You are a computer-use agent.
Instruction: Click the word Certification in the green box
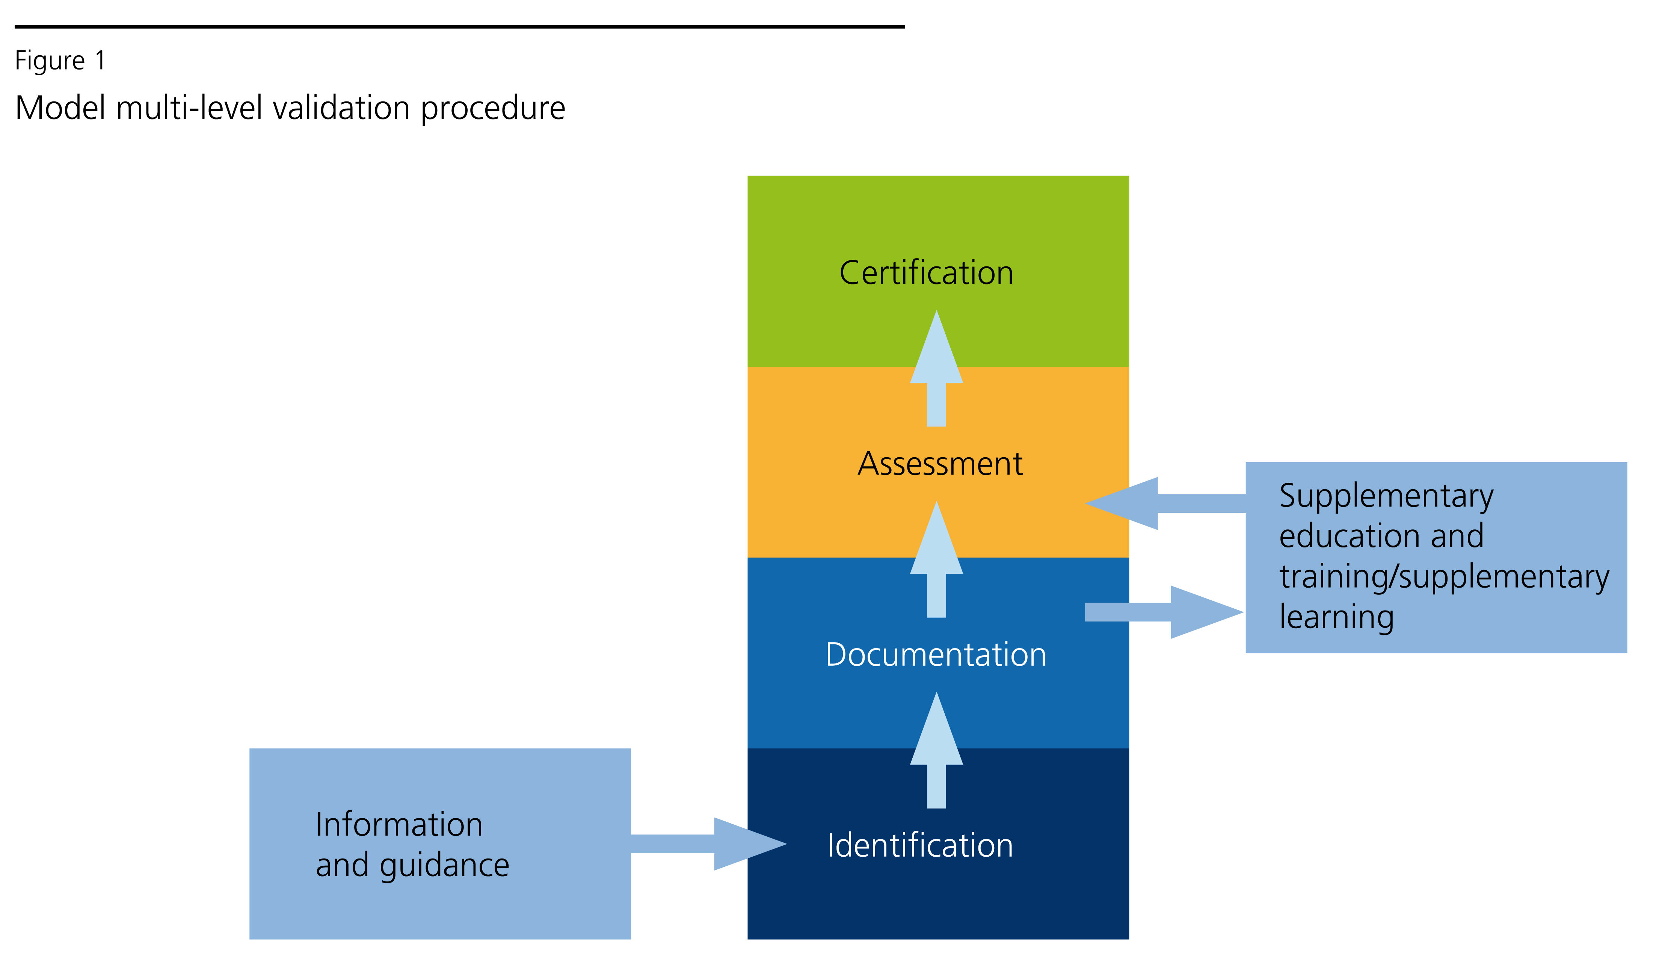pyautogui.click(x=926, y=273)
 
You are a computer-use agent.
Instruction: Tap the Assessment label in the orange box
pyautogui.click(x=940, y=464)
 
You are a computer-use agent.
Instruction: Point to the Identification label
pyautogui.click(x=920, y=846)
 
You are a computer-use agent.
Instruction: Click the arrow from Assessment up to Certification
pyautogui.click(x=936, y=371)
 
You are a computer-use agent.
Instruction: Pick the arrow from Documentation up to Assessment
pyautogui.click(x=936, y=561)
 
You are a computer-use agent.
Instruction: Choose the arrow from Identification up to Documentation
pyautogui.click(x=936, y=752)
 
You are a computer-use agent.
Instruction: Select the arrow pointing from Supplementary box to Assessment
pyautogui.click(x=1165, y=503)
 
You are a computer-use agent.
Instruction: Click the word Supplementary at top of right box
pyautogui.click(x=1386, y=496)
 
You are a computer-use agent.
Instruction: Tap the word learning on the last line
pyautogui.click(x=1336, y=617)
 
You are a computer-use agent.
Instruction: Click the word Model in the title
pyautogui.click(x=60, y=107)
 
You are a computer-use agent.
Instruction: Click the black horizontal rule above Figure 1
pyautogui.click(x=459, y=26)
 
